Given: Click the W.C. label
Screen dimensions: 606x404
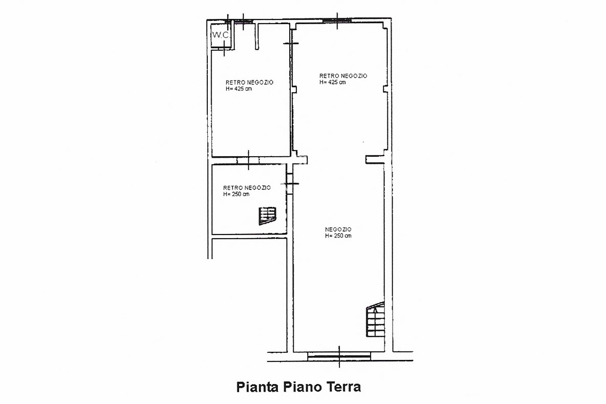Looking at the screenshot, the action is coord(221,35).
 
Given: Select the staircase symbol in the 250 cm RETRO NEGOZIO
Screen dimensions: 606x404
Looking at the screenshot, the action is coord(267,215).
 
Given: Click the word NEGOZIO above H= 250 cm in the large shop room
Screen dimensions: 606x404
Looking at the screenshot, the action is coord(338,229).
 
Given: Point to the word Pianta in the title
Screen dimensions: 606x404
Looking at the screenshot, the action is coord(258,386).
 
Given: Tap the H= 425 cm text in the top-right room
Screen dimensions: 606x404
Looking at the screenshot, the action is coord(332,82).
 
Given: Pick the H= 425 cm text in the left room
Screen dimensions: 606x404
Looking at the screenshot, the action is coord(239,89).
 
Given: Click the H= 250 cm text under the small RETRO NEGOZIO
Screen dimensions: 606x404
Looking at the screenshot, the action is coord(236,194).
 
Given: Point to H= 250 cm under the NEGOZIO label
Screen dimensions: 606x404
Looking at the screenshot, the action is coord(338,236).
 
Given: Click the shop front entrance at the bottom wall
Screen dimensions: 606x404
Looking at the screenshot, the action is coord(339,356).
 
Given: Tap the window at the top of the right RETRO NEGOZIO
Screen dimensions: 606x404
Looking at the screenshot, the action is coord(337,20).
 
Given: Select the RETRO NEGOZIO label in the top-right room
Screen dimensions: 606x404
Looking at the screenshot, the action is coord(343,76).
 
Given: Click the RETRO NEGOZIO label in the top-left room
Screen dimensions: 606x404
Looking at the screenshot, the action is coord(250,82).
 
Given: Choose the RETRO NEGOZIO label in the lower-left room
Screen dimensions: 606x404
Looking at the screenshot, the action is coord(247,188).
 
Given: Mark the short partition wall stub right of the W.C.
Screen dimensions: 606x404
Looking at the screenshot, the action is coord(257,36).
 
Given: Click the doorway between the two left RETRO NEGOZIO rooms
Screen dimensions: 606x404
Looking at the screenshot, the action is coord(249,161).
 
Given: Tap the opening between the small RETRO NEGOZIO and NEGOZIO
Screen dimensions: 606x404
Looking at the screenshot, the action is coord(290,184).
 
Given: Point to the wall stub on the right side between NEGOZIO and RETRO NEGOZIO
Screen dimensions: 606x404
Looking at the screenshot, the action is coord(375,160).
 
